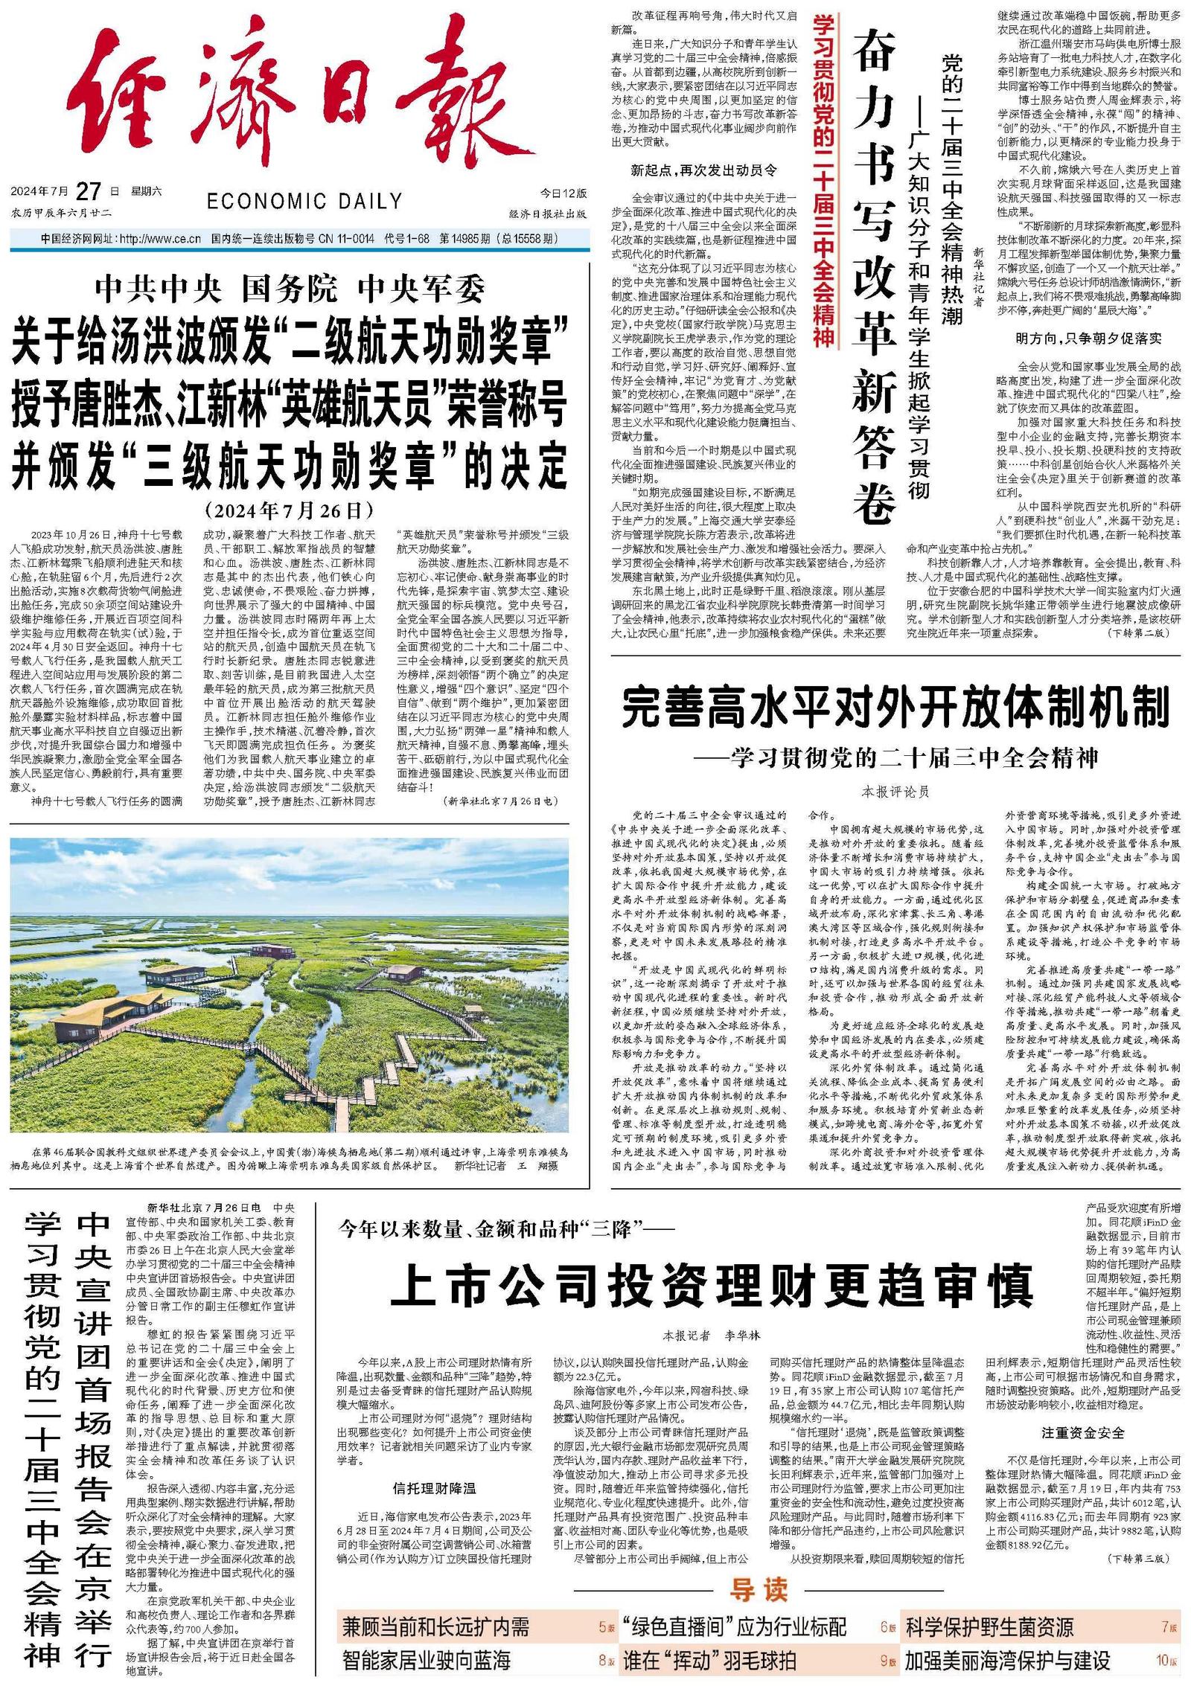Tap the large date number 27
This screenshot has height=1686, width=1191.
(x=89, y=191)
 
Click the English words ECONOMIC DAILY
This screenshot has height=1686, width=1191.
(x=304, y=201)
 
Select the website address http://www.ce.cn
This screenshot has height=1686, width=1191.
(x=160, y=239)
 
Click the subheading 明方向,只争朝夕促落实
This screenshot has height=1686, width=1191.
(x=1088, y=339)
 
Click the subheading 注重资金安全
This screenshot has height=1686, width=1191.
(x=1082, y=1432)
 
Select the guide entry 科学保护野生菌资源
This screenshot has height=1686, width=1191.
(x=989, y=1627)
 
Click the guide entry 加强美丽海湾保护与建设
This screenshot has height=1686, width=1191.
(x=1007, y=1661)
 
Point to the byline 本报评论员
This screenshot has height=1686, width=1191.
(x=895, y=792)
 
